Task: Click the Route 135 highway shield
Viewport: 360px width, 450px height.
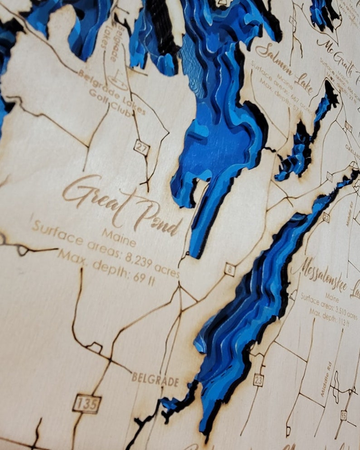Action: click(87, 403)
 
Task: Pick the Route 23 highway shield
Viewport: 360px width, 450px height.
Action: click(258, 380)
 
